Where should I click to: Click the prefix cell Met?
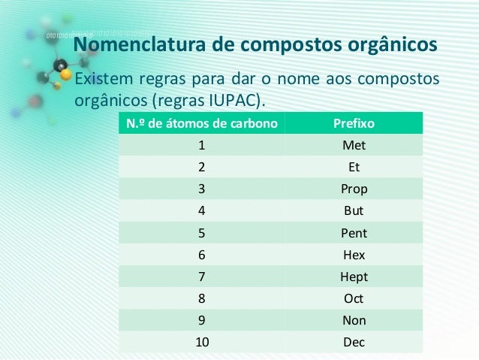pos(354,145)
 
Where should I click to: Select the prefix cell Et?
pos(354,167)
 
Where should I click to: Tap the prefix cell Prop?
pos(354,189)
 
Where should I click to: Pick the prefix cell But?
pos(354,210)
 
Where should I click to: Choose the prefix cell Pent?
pos(354,233)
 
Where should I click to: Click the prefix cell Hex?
pos(354,255)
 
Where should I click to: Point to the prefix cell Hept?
pos(354,277)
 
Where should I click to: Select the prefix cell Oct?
pos(354,298)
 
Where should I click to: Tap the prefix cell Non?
pos(354,320)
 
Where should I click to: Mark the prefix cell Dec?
pos(354,343)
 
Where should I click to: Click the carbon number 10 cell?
pos(202,343)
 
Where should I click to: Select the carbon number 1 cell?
pos(202,145)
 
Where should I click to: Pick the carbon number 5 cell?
pos(202,233)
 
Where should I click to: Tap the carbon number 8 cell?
pos(202,298)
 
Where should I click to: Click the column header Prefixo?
pos(354,123)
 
